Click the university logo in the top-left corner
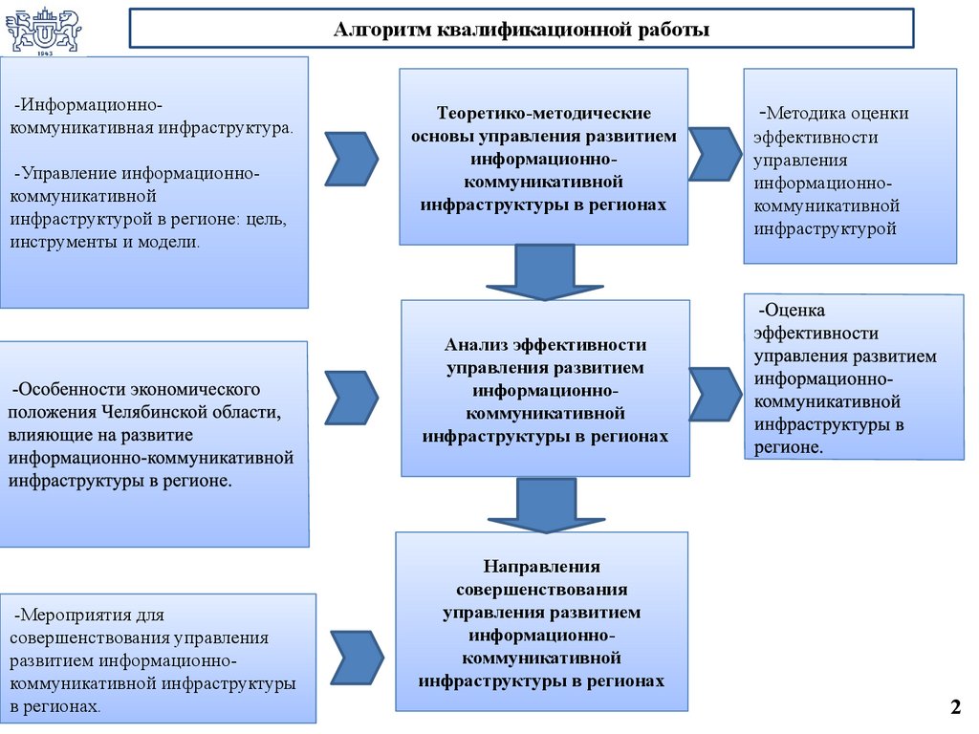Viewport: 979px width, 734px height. (x=42, y=31)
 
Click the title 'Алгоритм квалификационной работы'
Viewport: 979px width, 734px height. (x=521, y=30)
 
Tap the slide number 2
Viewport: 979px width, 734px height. (x=954, y=707)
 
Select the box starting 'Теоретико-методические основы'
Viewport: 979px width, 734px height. (x=543, y=156)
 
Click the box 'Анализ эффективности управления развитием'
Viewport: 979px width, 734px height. (x=545, y=387)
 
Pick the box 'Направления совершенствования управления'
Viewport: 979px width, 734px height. (x=541, y=621)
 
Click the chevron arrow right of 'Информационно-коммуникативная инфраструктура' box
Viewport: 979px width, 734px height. (x=351, y=158)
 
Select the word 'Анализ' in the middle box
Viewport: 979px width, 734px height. (x=476, y=345)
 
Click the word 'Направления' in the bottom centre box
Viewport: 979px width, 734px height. (x=541, y=567)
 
